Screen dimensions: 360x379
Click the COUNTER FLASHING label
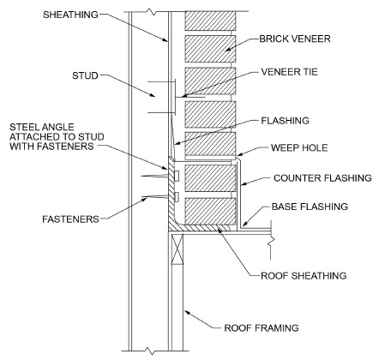(321, 178)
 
